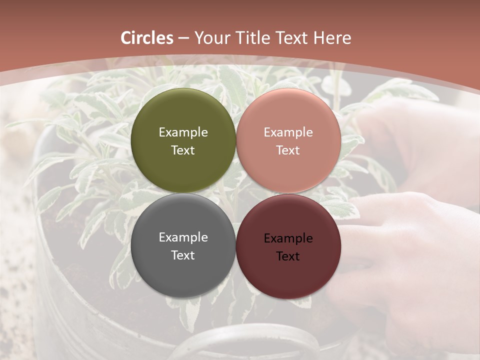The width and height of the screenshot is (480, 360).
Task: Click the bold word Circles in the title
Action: coord(147,38)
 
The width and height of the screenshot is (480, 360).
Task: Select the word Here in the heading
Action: coord(332,38)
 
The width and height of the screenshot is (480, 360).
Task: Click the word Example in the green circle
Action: coord(183,132)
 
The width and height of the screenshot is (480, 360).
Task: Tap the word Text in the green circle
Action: coord(183,150)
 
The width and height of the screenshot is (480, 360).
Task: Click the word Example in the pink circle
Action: coord(288,132)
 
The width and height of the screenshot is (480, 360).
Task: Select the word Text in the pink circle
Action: coord(288,150)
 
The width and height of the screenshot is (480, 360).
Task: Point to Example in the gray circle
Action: coord(183,237)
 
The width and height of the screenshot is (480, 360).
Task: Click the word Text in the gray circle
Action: coord(183,255)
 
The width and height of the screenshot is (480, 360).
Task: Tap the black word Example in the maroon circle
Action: coord(288,238)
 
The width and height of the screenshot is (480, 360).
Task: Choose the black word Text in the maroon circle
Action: coord(288,256)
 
